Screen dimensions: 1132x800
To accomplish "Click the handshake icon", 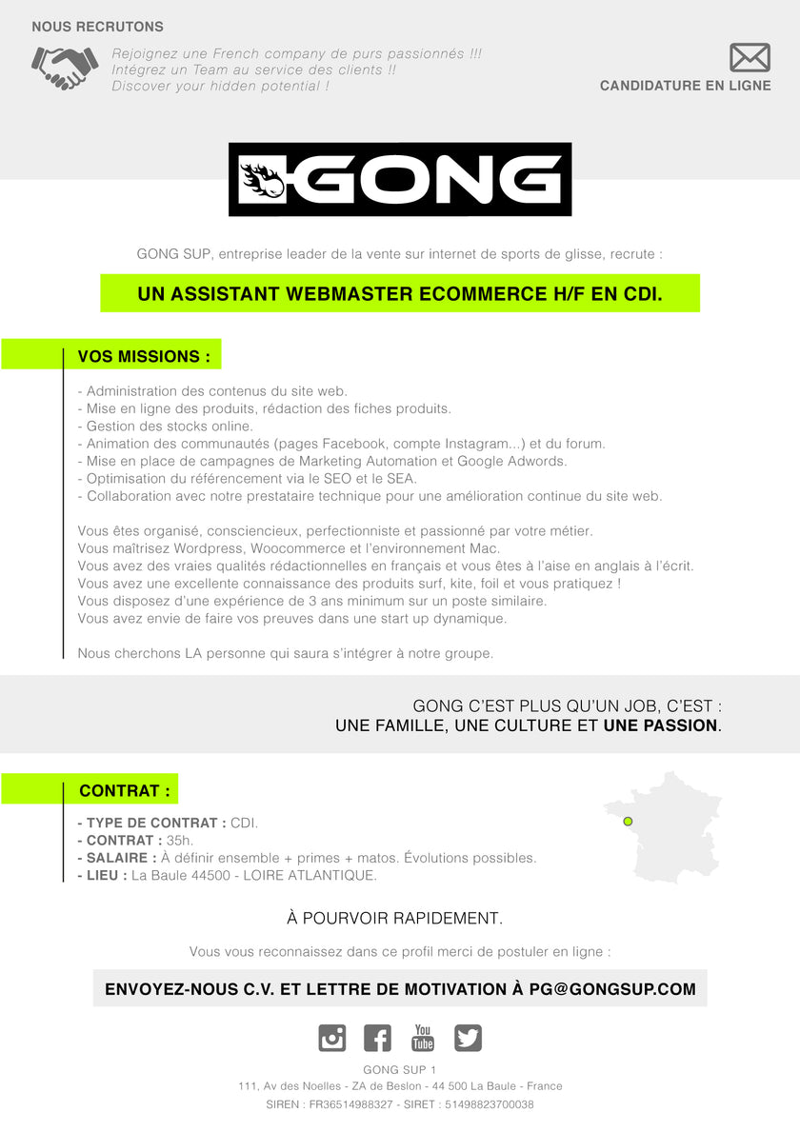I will point(65,67).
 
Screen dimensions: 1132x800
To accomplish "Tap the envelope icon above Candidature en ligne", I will point(750,57).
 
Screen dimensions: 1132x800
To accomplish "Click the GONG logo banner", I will point(400,179).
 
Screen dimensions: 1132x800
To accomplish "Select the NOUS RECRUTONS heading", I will point(97,27).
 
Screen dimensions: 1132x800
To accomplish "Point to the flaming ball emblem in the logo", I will point(261,179).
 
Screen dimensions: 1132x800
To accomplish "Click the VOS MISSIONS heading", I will point(144,357).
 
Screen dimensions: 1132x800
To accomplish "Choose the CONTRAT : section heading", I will point(125,790).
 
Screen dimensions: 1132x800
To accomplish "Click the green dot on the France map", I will point(628,821).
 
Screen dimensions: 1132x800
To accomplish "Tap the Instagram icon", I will point(331,1038).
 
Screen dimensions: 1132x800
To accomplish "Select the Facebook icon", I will point(377,1038).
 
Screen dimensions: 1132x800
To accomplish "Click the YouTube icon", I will point(423,1038).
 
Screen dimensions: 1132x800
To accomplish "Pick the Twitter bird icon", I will point(468,1038).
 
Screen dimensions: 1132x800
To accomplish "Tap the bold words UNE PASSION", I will point(660,725).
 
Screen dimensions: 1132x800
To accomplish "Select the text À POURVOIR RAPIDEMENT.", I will point(394,919).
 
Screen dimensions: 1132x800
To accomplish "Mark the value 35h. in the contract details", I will point(180,841).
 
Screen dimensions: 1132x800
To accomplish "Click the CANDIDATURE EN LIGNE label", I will point(685,86).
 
